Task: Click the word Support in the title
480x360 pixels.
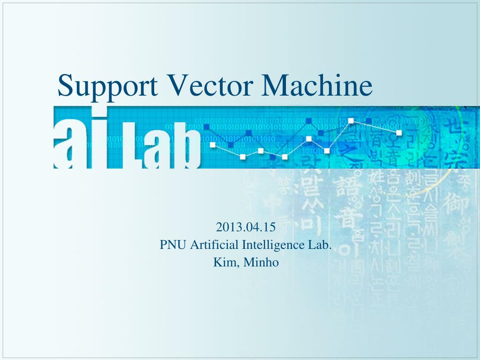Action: pyautogui.click(x=106, y=86)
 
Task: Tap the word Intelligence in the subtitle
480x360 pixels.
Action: pyautogui.click(x=275, y=245)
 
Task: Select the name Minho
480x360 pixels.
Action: pyautogui.click(x=262, y=262)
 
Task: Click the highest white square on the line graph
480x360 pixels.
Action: pyautogui.click(x=351, y=121)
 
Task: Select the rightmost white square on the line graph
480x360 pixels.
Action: pyautogui.click(x=399, y=133)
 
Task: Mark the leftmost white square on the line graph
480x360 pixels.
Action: pyautogui.click(x=213, y=145)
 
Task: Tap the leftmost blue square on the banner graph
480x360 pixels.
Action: pyautogui.click(x=206, y=127)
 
